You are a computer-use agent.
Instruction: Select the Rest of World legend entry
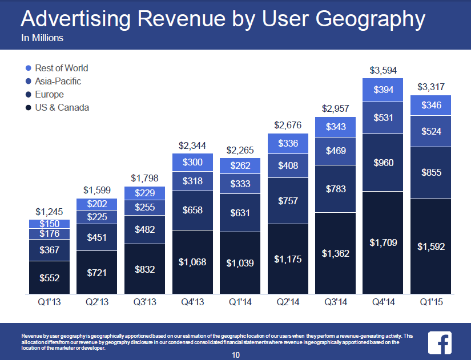61,68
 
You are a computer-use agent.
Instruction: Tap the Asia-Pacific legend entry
58,81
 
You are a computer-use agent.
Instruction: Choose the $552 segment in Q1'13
49,278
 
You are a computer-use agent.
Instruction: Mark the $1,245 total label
49,212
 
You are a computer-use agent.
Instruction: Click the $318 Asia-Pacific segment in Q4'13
192,181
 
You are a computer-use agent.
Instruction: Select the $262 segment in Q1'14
240,167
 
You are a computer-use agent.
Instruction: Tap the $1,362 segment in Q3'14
336,253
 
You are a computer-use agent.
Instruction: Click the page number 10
236,355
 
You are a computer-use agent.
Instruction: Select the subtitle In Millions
42,39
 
